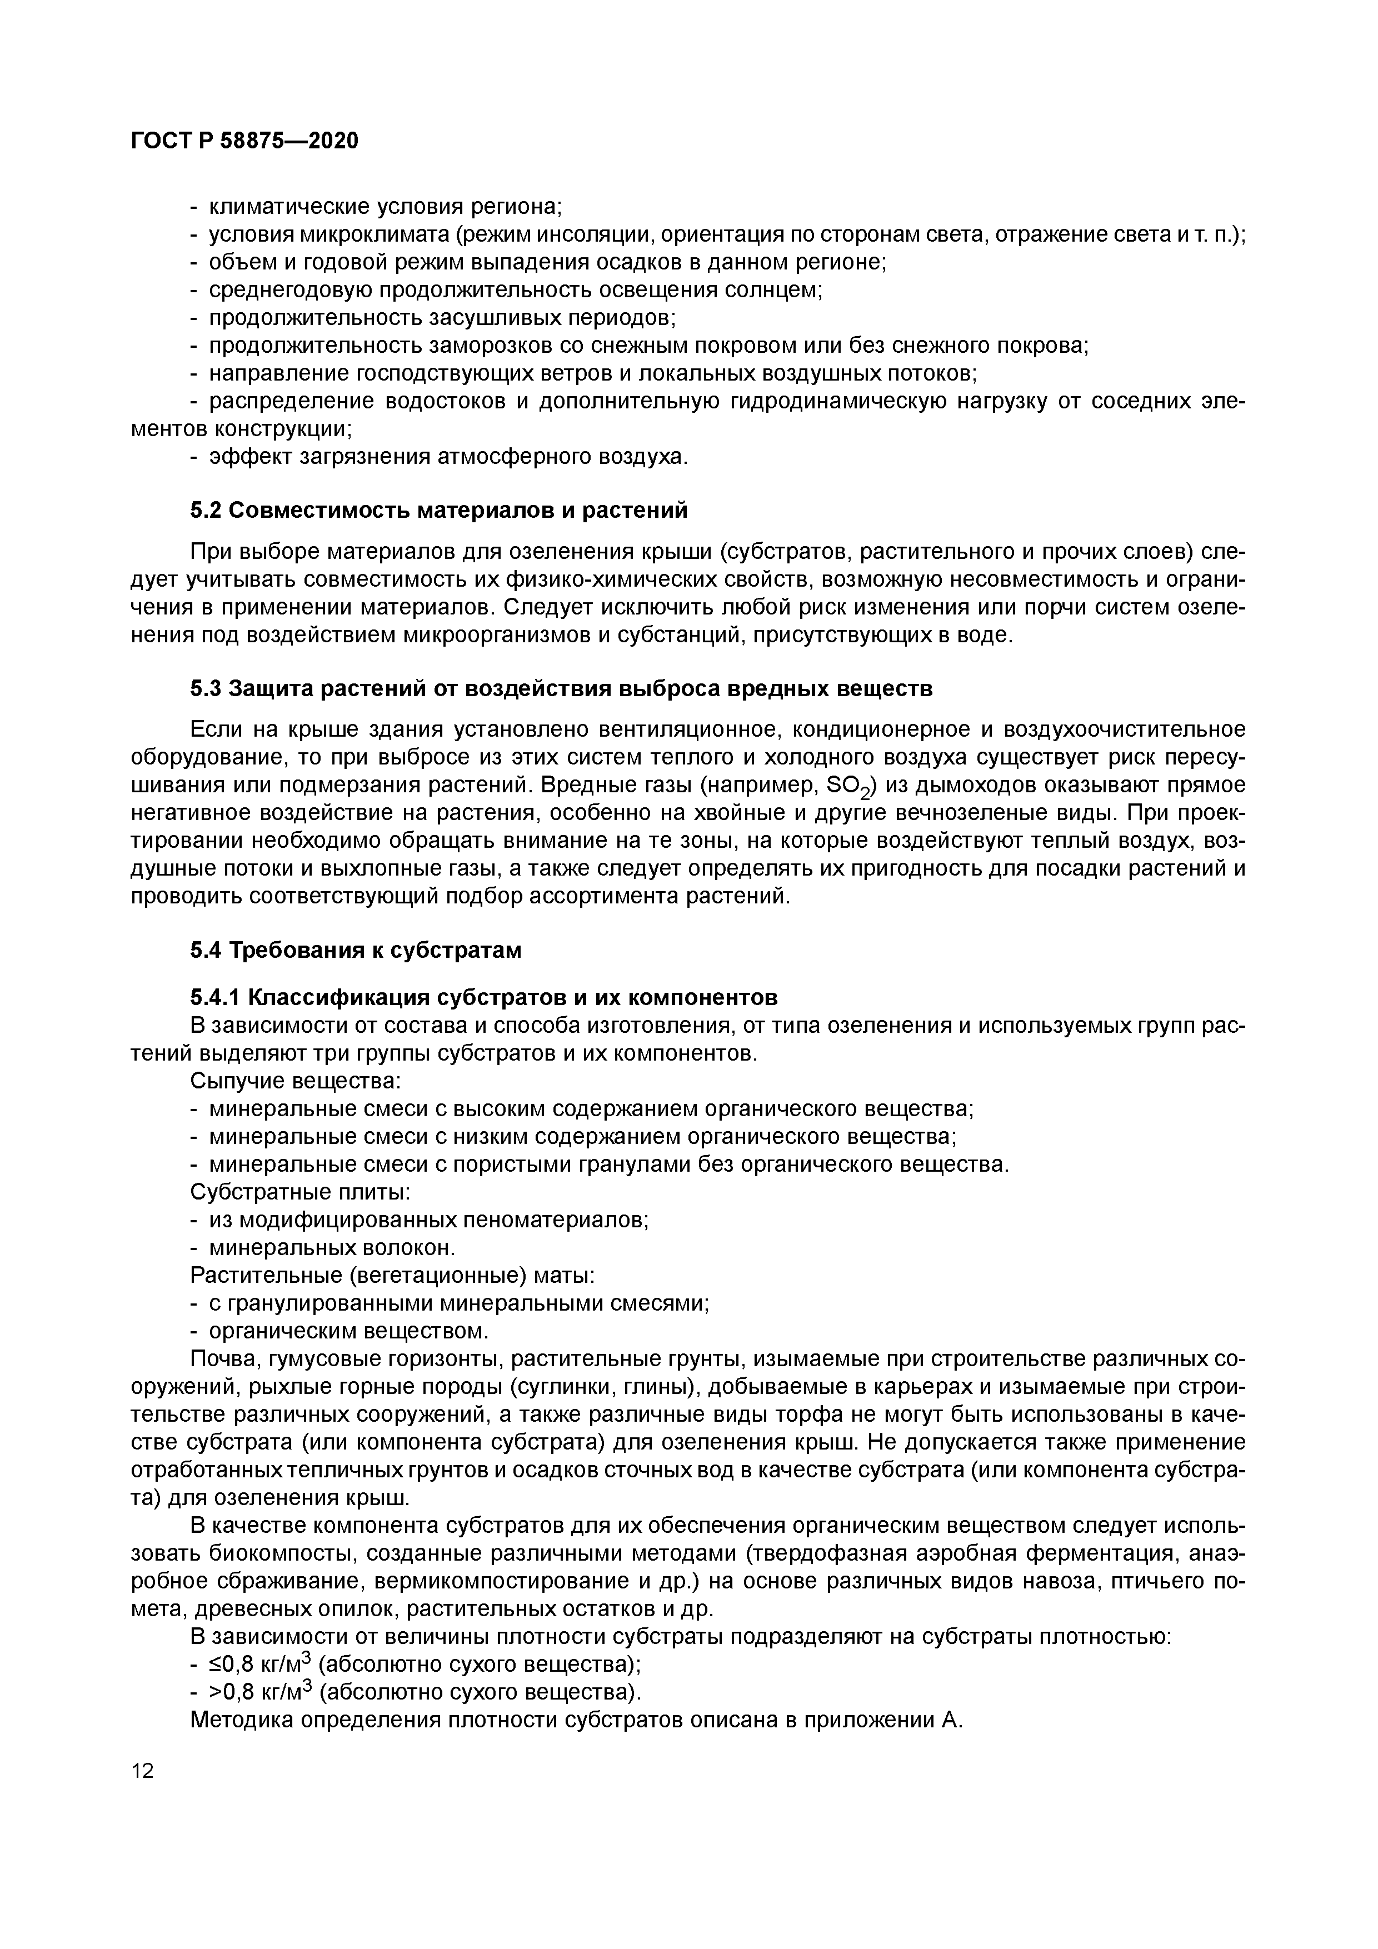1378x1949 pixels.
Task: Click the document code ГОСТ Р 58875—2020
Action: pos(244,140)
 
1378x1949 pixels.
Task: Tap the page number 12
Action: pos(143,1770)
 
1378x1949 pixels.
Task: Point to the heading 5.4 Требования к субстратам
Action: pos(355,950)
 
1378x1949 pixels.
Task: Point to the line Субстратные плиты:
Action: pos(299,1192)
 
